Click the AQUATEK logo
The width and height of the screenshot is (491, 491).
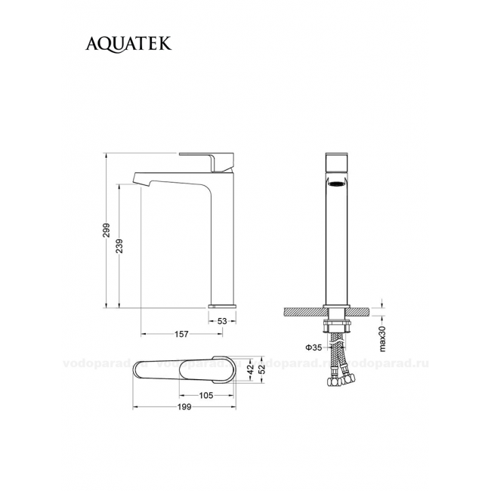[x=128, y=44]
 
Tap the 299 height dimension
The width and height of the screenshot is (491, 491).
[x=107, y=230]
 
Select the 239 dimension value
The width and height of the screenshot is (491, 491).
[x=119, y=246]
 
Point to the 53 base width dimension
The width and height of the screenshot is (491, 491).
[x=222, y=321]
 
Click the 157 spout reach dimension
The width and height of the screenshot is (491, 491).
[x=181, y=334]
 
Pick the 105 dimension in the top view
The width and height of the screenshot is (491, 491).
[x=206, y=396]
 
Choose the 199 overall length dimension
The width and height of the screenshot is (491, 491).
[x=184, y=407]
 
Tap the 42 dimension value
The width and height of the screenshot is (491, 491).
[x=250, y=370]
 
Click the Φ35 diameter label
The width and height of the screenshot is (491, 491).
[x=313, y=347]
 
